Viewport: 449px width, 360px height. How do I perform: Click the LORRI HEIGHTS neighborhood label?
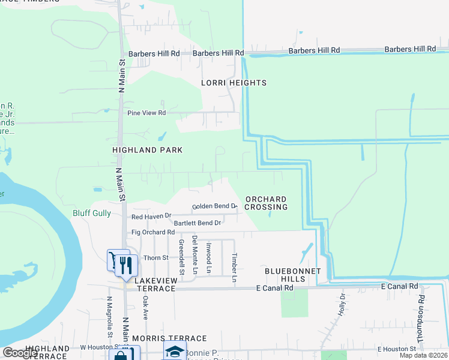coord(234,83)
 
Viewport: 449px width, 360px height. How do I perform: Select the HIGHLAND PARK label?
coord(147,149)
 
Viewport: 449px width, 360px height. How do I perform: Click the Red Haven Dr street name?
coord(151,216)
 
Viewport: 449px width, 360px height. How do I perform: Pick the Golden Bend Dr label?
coord(214,206)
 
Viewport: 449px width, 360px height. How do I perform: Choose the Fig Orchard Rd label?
coord(153,232)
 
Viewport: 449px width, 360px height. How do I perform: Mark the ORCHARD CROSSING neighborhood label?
coord(266,203)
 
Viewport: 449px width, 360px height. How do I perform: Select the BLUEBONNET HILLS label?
coord(293,275)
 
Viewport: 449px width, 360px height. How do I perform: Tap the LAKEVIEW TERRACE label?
coord(147,289)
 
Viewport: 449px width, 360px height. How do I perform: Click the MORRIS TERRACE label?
coord(169,339)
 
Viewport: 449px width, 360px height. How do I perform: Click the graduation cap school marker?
coord(174,352)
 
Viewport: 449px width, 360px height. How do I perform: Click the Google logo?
coord(20,353)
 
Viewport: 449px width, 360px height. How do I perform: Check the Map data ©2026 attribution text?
coord(423,355)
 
